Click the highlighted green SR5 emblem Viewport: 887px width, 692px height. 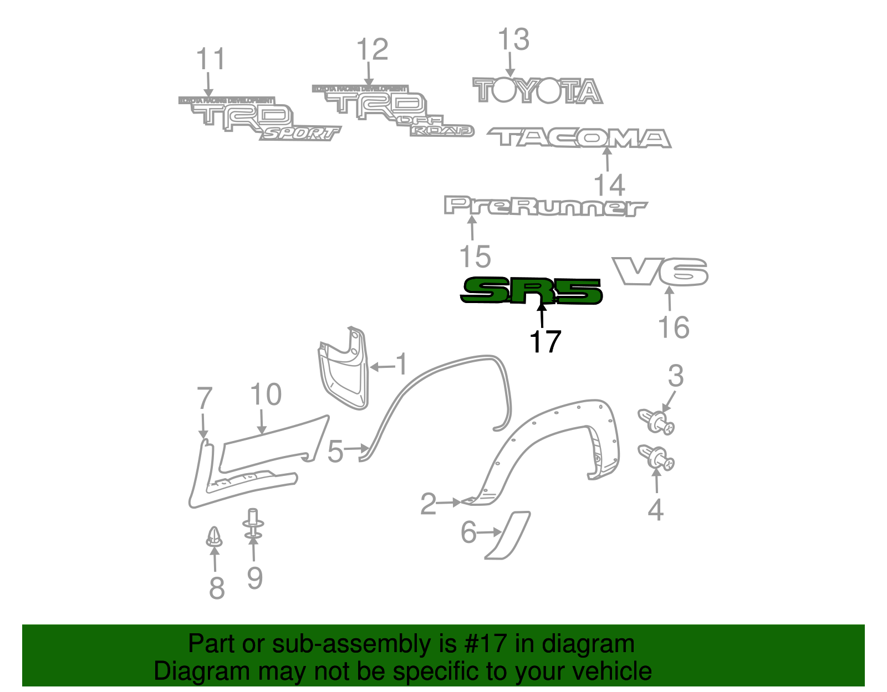pos(531,291)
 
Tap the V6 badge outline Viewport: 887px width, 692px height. pos(660,271)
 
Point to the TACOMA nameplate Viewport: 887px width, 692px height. pos(579,138)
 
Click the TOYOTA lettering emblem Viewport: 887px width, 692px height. pos(537,91)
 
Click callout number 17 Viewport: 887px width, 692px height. pos(545,342)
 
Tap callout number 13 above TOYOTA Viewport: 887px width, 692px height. pos(513,40)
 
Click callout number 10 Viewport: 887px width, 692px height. pos(266,395)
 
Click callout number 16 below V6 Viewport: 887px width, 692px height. pos(674,327)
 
